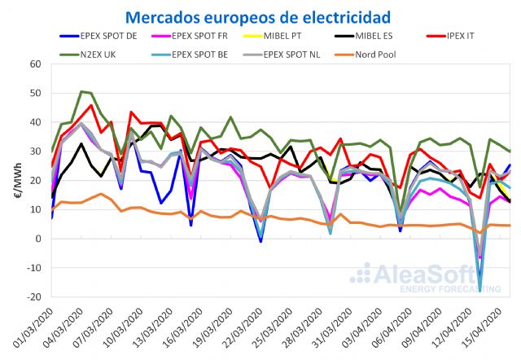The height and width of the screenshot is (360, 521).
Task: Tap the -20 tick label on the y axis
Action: pyautogui.click(x=33, y=296)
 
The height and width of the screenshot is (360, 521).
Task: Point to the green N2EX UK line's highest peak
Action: pyautogui.click(x=82, y=91)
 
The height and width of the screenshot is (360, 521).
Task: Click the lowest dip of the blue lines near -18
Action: pyautogui.click(x=480, y=289)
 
